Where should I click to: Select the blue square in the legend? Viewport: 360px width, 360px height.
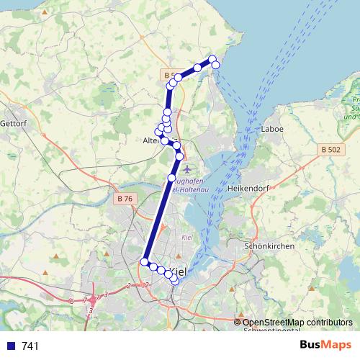coord(9,346)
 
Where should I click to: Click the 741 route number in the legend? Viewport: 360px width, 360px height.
coord(31,346)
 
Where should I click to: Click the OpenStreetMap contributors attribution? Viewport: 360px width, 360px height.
coord(300,323)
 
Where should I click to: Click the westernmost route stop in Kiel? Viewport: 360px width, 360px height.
coord(145,261)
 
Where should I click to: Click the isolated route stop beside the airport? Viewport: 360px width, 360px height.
coord(171,178)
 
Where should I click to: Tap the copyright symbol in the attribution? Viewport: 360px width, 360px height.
coord(238,323)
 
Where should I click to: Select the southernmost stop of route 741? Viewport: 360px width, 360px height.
coord(175,281)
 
